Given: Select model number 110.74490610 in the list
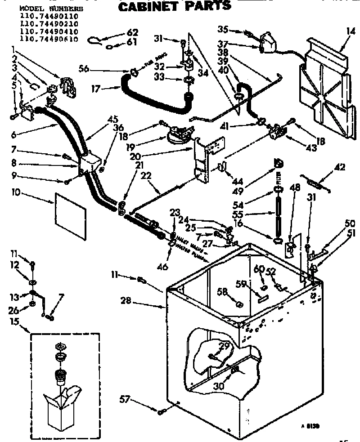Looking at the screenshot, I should pos(49,39).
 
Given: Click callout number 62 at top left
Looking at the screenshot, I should pos(132,32).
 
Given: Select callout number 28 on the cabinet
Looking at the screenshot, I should pos(126,301).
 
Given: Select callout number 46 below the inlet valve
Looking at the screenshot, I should pos(162,267).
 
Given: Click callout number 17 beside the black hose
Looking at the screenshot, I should pos(95,89).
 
